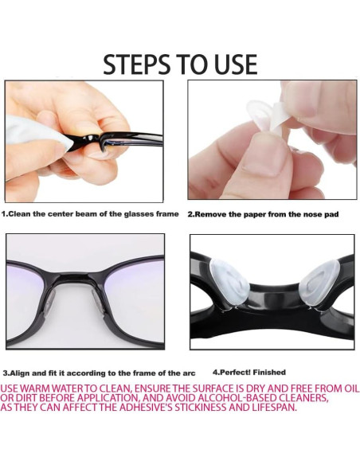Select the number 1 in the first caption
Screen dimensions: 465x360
click(4, 214)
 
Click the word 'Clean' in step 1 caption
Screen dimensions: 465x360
click(22, 214)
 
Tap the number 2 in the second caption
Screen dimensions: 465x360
click(190, 214)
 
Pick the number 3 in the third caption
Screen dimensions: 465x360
click(5, 373)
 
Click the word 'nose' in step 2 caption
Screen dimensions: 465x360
click(315, 214)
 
